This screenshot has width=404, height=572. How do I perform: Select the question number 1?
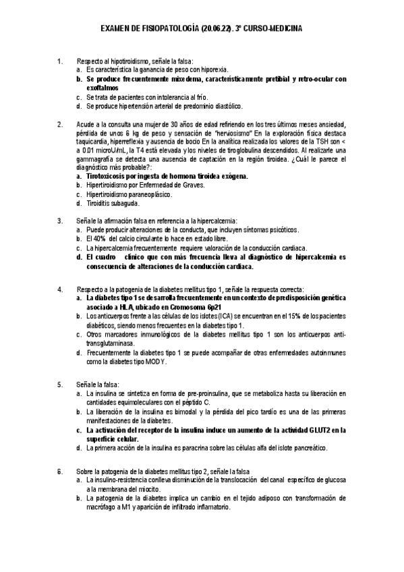[x=61, y=61]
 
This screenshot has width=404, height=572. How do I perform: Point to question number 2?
[x=61, y=124]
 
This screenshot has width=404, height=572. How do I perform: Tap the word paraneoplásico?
[x=148, y=194]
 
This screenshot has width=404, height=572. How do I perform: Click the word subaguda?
[x=125, y=203]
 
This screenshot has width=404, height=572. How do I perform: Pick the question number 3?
[x=61, y=221]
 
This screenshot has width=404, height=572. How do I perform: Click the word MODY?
[x=154, y=361]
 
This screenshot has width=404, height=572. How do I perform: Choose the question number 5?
[x=61, y=385]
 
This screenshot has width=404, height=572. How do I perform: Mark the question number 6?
[x=61, y=470]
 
